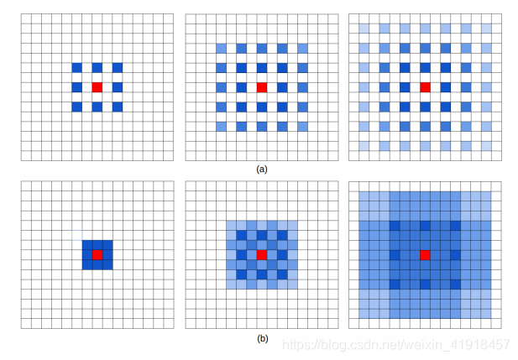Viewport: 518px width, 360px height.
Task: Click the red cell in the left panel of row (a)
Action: coord(97,87)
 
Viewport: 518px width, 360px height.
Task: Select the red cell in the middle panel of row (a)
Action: coord(262,87)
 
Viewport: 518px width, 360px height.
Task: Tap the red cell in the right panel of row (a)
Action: coord(425,87)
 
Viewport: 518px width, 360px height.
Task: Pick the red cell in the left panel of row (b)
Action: coord(97,255)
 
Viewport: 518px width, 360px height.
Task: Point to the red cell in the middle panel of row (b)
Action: coord(262,255)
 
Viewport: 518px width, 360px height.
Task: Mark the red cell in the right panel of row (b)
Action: coord(425,255)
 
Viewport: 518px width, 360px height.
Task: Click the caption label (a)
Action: coord(262,170)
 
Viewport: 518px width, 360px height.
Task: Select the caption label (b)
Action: coord(262,338)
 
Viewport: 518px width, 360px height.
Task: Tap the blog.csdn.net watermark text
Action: coord(395,345)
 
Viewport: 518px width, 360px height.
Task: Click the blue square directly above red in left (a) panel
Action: coord(97,68)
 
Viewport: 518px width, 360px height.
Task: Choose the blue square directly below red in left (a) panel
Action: coord(97,107)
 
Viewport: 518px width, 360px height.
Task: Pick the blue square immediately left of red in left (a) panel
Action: coord(77,87)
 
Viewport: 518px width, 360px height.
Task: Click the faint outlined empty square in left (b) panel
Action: coord(77,235)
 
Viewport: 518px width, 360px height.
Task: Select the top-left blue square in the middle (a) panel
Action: coord(222,48)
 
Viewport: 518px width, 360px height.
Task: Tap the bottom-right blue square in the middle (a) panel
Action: coord(302,127)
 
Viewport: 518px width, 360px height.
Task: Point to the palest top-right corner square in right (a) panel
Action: coord(486,29)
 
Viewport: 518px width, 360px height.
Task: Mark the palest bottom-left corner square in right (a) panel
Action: coord(364,146)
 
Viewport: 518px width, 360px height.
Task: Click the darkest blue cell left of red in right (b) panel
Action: coord(395,255)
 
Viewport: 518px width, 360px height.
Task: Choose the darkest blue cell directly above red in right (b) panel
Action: coord(425,226)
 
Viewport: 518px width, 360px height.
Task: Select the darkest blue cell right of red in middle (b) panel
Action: coord(282,255)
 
